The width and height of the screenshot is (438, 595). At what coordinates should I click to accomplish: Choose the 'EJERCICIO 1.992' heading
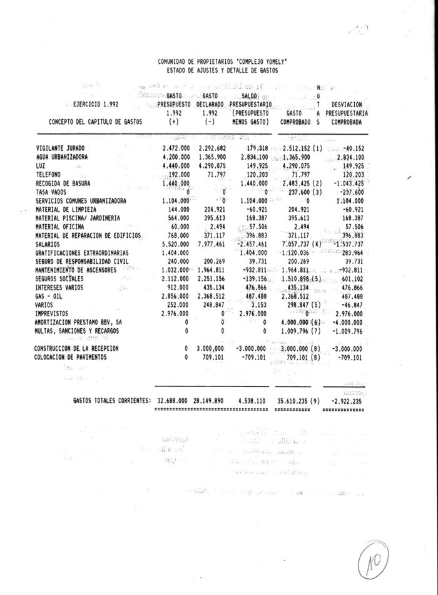coord(95,105)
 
